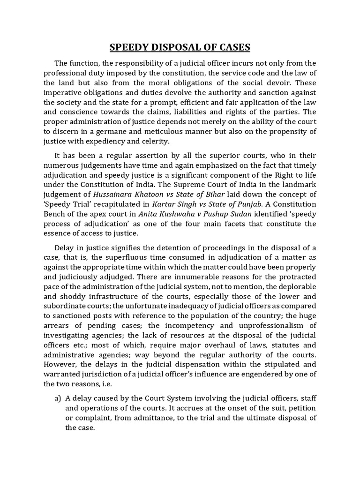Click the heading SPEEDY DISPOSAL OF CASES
[x=180, y=47]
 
